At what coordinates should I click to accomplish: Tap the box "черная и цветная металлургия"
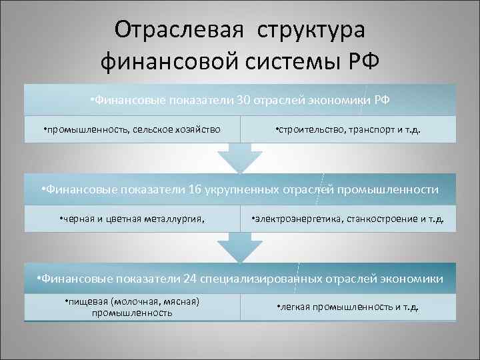131,219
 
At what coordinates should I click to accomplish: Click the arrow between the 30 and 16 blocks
239,158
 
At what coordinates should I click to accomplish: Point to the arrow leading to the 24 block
239,247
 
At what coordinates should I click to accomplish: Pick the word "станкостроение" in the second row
382,219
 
